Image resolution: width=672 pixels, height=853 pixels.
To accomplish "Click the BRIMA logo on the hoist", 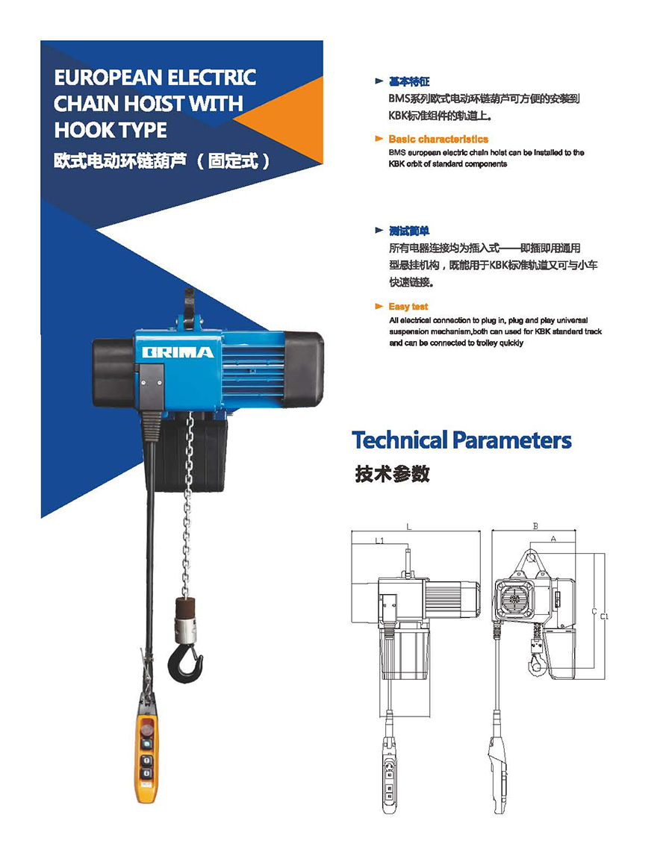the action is click(x=178, y=352).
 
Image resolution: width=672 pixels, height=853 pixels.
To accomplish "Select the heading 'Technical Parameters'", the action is click(x=461, y=440).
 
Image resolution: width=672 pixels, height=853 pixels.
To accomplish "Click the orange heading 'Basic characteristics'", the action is click(x=438, y=139).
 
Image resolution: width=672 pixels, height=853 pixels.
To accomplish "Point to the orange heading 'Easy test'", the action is click(x=408, y=306).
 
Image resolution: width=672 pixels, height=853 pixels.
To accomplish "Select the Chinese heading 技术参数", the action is click(x=392, y=474).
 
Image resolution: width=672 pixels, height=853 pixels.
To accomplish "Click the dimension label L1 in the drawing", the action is click(x=379, y=540).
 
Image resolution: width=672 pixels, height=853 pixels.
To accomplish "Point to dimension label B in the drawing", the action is click(x=535, y=526).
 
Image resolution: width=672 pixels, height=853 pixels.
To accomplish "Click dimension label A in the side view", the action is click(x=553, y=539).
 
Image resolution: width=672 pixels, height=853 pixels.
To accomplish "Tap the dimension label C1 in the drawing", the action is click(x=604, y=616).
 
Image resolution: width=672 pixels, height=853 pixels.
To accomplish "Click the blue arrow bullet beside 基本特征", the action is click(x=379, y=81).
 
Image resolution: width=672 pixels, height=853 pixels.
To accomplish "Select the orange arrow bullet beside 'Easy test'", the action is click(x=379, y=306).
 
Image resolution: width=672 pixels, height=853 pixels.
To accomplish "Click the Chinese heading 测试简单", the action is click(x=409, y=231).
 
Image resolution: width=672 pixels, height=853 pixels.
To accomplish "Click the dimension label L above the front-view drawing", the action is click(x=408, y=527).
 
